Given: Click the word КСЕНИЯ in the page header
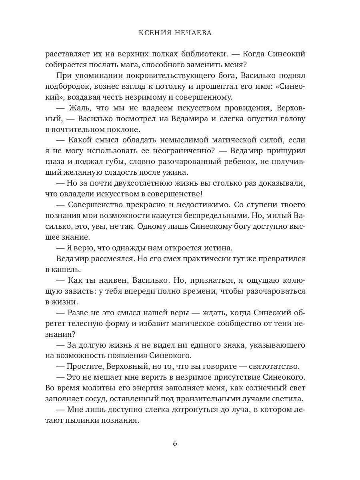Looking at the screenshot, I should (153, 33).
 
